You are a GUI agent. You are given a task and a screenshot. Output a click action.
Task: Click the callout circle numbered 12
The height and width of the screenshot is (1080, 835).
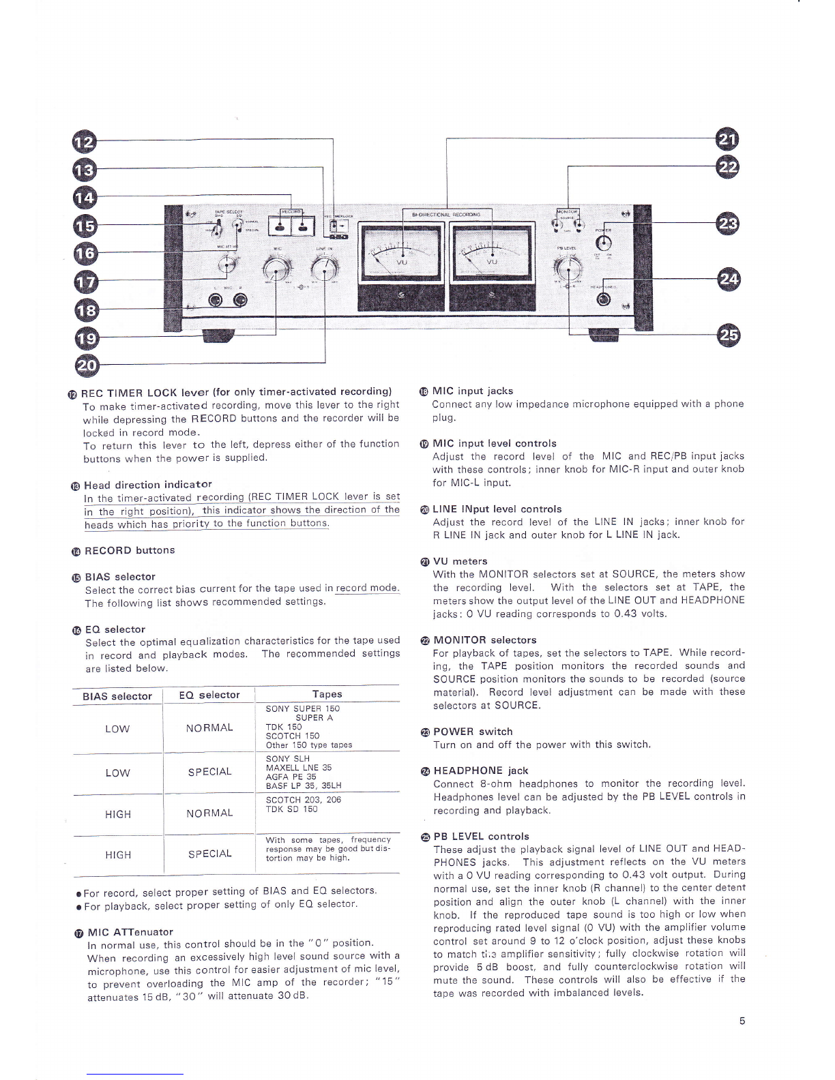85,142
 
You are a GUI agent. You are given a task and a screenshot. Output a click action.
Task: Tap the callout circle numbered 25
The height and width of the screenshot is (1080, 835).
729,335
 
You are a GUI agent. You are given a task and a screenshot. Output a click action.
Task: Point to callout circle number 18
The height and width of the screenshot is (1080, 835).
86,311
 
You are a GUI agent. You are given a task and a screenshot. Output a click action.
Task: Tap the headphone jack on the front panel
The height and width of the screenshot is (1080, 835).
603,301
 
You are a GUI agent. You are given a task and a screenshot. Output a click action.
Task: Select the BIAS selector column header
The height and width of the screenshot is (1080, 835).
117,696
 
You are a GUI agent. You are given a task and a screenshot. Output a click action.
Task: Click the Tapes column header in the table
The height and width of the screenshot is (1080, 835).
327,694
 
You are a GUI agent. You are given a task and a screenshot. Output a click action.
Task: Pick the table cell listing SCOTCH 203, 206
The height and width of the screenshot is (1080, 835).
304,805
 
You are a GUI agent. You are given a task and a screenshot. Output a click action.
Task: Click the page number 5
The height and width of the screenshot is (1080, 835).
742,1021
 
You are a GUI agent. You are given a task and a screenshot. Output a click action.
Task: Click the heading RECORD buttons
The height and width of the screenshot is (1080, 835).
130,550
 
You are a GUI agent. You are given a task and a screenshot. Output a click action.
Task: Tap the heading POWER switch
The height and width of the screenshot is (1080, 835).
473,732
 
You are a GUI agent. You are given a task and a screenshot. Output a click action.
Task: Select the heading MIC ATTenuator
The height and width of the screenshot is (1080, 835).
130,932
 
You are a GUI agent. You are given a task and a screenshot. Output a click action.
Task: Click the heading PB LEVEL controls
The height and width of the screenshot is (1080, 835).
481,836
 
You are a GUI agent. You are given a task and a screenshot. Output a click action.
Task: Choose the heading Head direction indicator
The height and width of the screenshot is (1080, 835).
147,485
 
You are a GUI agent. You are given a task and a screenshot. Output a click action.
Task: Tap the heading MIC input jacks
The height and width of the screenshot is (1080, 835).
472,391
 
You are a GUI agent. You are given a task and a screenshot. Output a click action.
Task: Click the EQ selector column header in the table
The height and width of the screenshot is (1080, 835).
209,695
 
